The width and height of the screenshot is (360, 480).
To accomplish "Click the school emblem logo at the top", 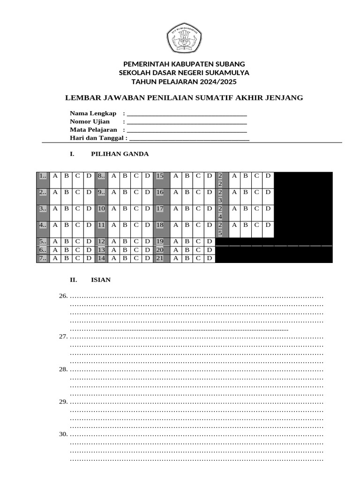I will (x=184, y=39).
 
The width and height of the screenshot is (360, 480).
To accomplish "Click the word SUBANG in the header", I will (x=230, y=64).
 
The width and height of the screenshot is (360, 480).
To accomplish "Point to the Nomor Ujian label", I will (x=90, y=121).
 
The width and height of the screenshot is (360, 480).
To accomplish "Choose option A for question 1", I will (x=55, y=176).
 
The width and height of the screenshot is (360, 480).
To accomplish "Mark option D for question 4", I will (x=89, y=225).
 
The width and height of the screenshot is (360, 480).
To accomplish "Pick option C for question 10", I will (x=135, y=209).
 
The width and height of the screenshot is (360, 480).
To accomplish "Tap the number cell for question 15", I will (x=160, y=176).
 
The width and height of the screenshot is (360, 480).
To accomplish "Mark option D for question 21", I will (x=209, y=258).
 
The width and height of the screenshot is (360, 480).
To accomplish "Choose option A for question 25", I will (x=232, y=225).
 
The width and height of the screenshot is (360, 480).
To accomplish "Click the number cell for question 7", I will (x=43, y=258).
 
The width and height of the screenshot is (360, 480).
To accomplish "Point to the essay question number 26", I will (x=63, y=296).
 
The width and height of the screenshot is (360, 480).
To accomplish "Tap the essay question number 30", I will (x=63, y=434).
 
